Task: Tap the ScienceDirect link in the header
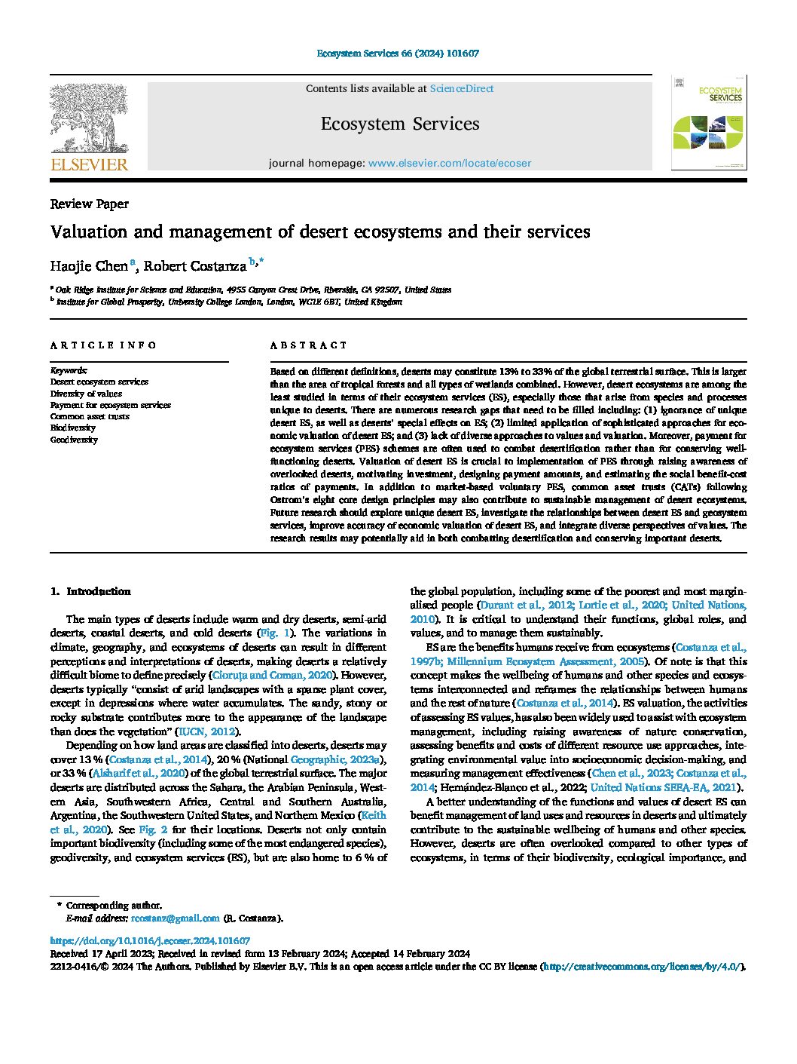pyautogui.click(x=461, y=88)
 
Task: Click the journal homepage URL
pyautogui.click(x=449, y=163)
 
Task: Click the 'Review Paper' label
pyautogui.click(x=89, y=204)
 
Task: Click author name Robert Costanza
pyautogui.click(x=195, y=265)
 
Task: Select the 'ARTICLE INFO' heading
pyautogui.click(x=103, y=345)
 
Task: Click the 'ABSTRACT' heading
pyautogui.click(x=309, y=345)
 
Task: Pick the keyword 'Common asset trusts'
pyautogui.click(x=90, y=416)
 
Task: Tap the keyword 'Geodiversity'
pyautogui.click(x=74, y=440)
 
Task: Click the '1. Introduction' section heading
pyautogui.click(x=90, y=591)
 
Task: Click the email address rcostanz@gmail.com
pyautogui.click(x=175, y=918)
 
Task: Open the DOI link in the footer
pyautogui.click(x=150, y=941)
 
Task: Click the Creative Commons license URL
pyautogui.click(x=642, y=966)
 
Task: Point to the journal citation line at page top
pyautogui.click(x=398, y=54)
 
